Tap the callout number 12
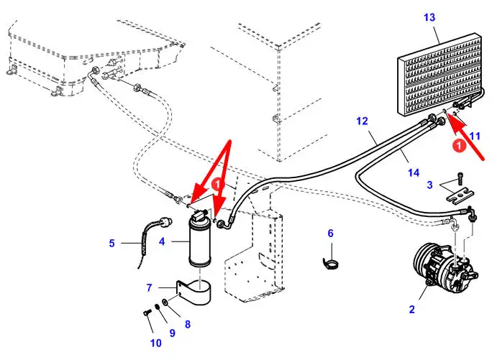tap(362, 121)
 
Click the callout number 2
tap(411, 310)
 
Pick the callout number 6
tap(331, 233)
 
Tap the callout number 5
tap(111, 243)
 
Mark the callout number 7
tap(149, 288)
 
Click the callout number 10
tap(156, 343)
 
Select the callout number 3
tap(429, 185)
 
